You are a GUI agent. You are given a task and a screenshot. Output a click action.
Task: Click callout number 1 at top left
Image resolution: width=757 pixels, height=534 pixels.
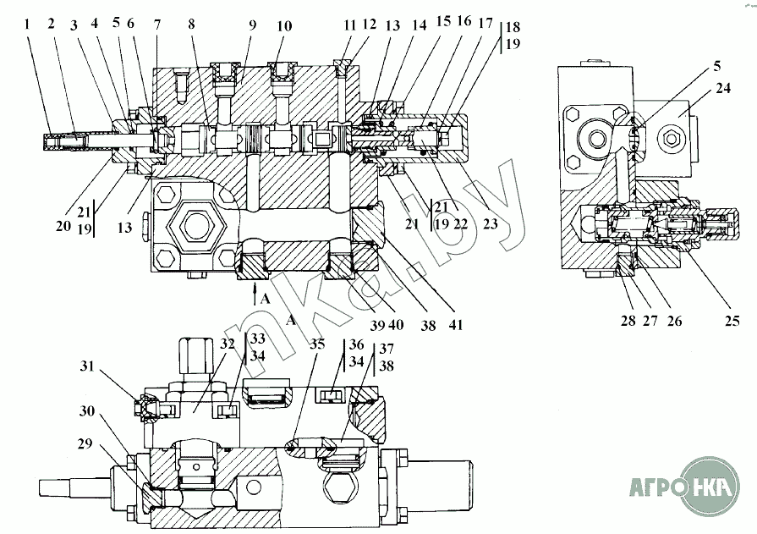[x=28, y=24]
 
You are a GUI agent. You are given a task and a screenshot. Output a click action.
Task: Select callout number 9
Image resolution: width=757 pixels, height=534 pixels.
[x=252, y=25]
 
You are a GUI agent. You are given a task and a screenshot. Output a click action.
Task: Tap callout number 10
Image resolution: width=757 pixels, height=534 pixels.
[x=284, y=25]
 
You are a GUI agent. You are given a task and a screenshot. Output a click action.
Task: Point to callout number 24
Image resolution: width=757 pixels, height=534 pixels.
[x=722, y=88]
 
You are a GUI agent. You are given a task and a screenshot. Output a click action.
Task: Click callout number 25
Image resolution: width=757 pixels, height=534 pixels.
[x=732, y=321]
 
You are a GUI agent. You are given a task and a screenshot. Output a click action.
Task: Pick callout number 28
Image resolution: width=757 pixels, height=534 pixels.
[x=628, y=321]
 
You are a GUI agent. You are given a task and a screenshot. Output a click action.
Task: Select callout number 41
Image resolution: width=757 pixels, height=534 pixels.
[x=455, y=325]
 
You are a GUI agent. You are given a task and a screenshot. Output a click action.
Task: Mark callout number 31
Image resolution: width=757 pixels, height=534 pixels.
[x=87, y=366]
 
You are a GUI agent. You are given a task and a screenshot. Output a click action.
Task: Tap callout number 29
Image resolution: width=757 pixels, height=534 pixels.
[x=85, y=443]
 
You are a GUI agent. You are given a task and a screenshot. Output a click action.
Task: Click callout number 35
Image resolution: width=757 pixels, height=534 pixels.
[x=317, y=344]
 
